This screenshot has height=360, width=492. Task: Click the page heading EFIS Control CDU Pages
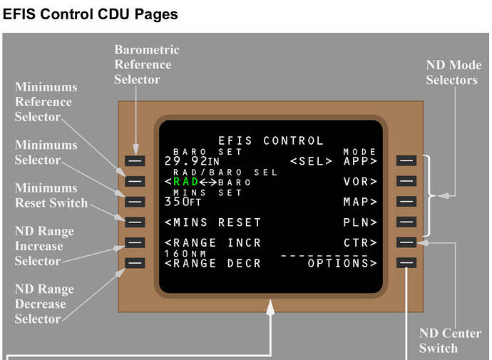click(91, 14)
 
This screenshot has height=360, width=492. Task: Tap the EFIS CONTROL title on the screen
click(270, 140)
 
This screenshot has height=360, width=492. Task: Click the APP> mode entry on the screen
click(359, 161)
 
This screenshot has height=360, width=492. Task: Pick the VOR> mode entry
click(359, 182)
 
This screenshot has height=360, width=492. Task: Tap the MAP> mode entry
click(359, 202)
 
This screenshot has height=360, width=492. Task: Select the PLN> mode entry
click(359, 222)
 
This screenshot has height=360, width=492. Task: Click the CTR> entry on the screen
click(359, 243)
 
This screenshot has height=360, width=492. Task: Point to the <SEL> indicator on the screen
click(311, 161)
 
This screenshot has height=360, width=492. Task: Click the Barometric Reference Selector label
click(146, 64)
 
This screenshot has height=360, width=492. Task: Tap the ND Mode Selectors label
click(453, 73)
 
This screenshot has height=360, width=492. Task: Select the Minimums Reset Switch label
click(51, 195)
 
